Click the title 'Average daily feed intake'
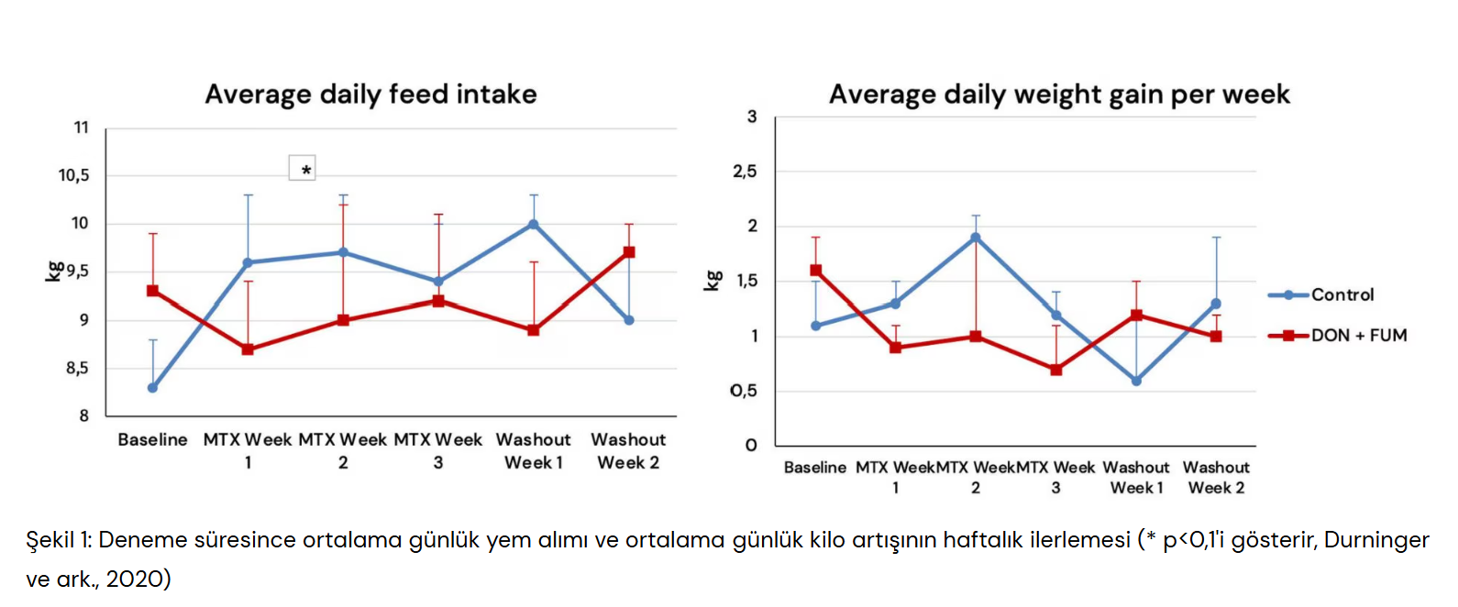pyautogui.click(x=370, y=94)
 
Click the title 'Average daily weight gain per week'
pyautogui.click(x=1059, y=94)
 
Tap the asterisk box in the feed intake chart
pyautogui.click(x=303, y=169)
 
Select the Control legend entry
pyautogui.click(x=1342, y=294)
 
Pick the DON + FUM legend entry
pyautogui.click(x=1358, y=336)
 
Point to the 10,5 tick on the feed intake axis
pyautogui.click(x=74, y=175)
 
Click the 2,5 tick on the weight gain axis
pyautogui.click(x=745, y=171)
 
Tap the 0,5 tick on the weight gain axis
pyautogui.click(x=744, y=391)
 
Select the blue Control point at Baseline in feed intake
pyautogui.click(x=152, y=388)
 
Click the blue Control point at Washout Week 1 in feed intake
pyautogui.click(x=534, y=224)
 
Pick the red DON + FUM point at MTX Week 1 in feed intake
pyautogui.click(x=248, y=349)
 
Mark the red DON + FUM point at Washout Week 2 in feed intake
pyautogui.click(x=629, y=252)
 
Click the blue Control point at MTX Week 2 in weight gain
pyautogui.click(x=976, y=237)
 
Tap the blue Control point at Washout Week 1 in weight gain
pyautogui.click(x=1136, y=381)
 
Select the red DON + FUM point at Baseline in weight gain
pyautogui.click(x=815, y=270)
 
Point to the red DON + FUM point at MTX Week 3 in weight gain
pyautogui.click(x=1056, y=370)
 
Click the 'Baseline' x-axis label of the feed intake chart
pyautogui.click(x=152, y=440)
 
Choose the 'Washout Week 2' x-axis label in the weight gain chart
pyautogui.click(x=1216, y=478)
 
